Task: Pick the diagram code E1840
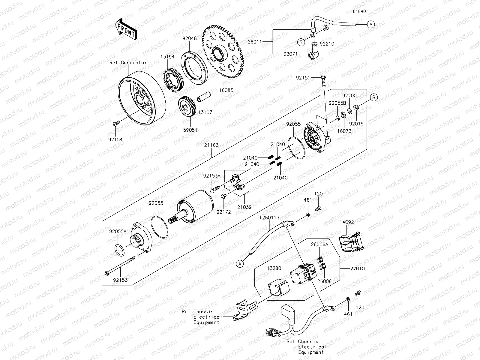point(359,11)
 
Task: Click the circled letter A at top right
point(371,24)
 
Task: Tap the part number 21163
point(212,145)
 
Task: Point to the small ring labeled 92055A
point(119,250)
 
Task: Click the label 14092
point(347,222)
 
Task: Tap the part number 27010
point(358,268)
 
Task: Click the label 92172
point(223,212)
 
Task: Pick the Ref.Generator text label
point(128,62)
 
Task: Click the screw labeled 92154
point(116,123)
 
